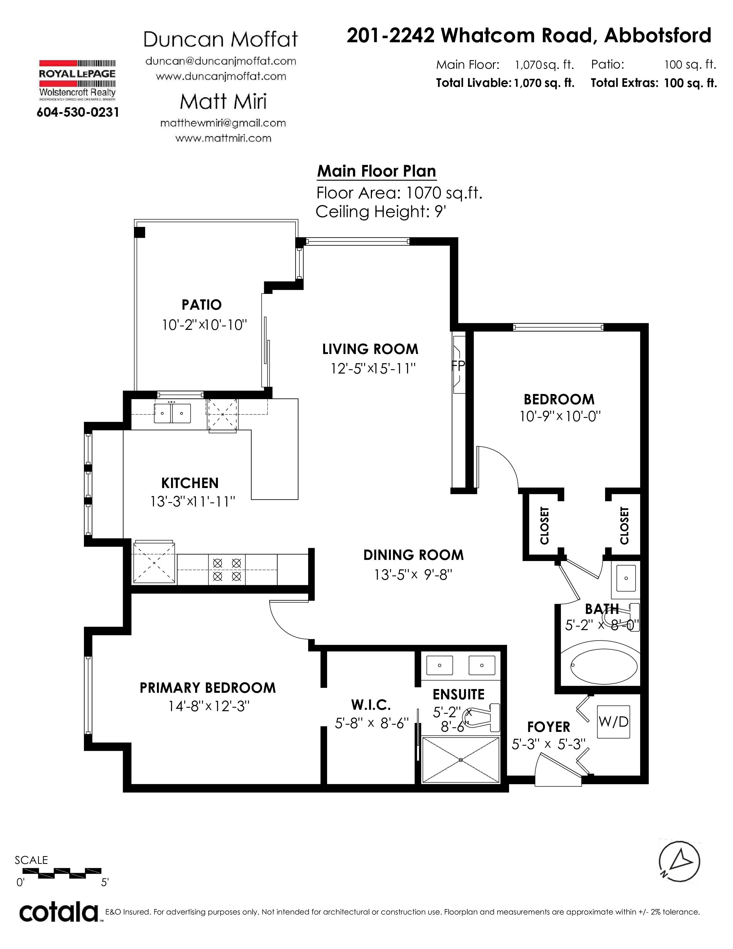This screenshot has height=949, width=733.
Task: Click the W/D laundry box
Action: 613,722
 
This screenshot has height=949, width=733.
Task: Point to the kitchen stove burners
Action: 227,570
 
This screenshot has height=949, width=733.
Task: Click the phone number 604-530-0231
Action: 78,112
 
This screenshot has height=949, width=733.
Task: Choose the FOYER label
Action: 548,727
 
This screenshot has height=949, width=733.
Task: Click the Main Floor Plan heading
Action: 377,171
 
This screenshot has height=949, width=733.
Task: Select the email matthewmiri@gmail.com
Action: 223,123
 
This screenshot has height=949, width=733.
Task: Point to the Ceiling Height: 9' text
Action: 381,212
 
